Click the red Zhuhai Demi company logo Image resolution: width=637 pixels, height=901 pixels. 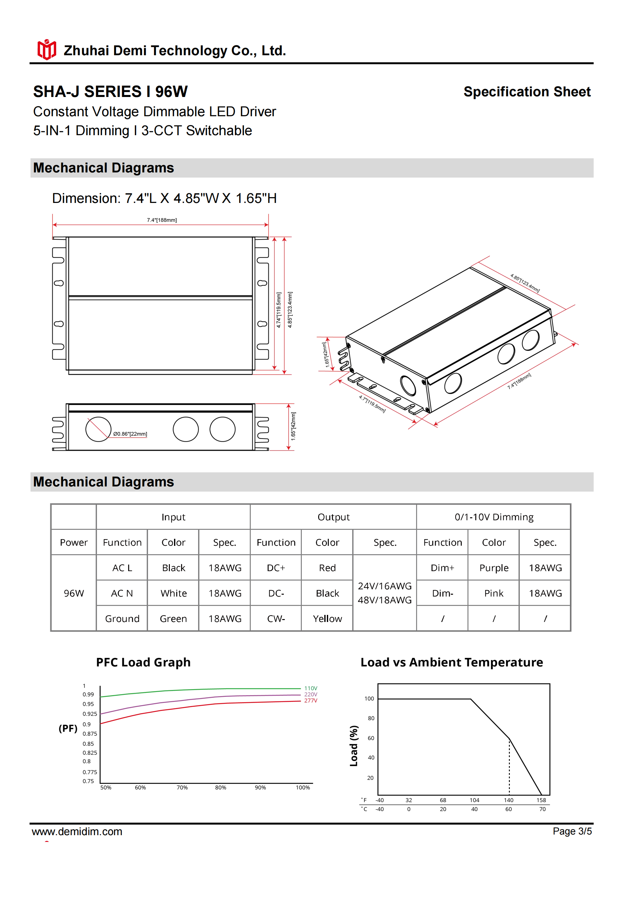click(x=46, y=50)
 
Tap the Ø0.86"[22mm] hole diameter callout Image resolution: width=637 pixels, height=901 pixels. click(x=130, y=434)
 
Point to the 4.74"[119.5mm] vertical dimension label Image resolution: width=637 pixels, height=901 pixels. click(x=278, y=310)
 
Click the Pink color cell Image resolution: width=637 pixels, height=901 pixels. click(x=493, y=593)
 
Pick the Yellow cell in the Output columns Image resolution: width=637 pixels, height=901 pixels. click(x=327, y=619)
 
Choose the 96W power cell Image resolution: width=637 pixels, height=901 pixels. click(x=74, y=593)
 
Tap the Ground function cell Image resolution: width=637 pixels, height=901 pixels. click(x=122, y=619)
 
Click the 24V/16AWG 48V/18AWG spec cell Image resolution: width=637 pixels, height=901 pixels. click(x=384, y=593)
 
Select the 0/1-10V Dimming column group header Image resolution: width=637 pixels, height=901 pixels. click(x=494, y=517)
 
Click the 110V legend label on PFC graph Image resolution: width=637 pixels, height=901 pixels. click(x=310, y=688)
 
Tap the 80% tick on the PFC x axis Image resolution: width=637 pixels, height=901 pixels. click(x=221, y=788)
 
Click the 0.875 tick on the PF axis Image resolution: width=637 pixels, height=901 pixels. click(x=90, y=733)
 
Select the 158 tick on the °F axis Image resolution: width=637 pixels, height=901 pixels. click(x=541, y=800)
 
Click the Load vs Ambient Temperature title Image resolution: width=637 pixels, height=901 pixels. click(x=451, y=662)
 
